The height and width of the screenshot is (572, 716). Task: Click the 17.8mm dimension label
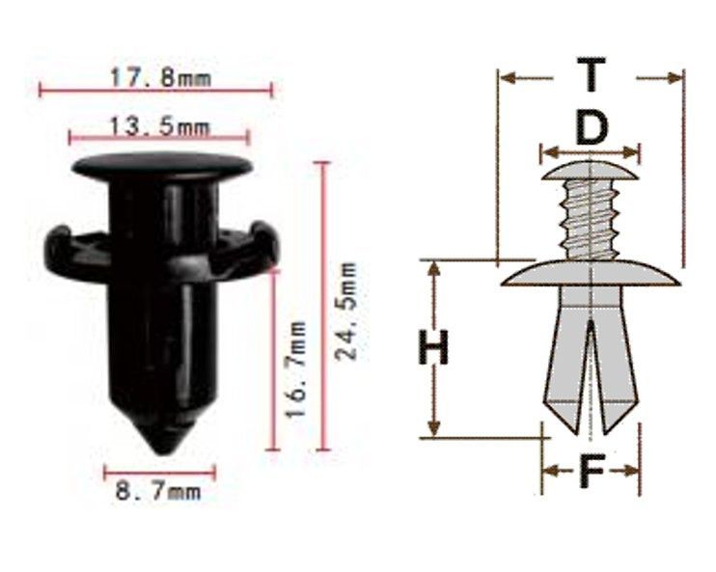[160, 77]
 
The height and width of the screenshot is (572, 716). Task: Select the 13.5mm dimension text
[159, 126]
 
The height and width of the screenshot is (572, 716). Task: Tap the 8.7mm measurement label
[158, 492]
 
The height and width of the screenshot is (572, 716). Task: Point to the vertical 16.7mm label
[295, 368]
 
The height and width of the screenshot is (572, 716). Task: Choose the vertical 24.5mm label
[345, 312]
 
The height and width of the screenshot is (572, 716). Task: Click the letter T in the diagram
[591, 74]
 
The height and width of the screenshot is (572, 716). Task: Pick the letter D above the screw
[592, 128]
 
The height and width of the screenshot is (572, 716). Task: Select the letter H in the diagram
[433, 347]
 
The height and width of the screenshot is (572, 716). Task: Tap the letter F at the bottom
[592, 470]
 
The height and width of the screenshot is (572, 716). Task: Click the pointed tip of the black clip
[163, 452]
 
